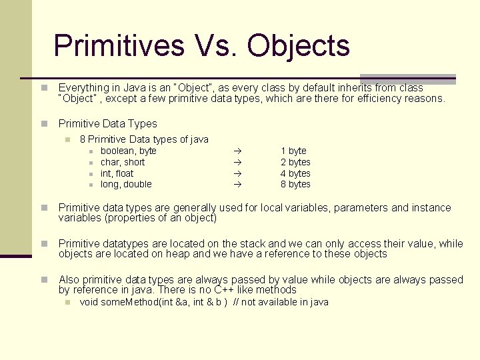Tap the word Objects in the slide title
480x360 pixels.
click(x=298, y=46)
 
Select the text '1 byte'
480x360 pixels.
click(x=293, y=151)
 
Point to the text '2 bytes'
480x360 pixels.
click(x=295, y=162)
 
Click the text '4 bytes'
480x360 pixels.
click(x=295, y=173)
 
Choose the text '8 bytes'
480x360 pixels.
click(x=295, y=184)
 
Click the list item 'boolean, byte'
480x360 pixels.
click(x=129, y=151)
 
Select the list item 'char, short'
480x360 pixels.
click(x=123, y=162)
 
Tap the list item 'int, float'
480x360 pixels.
click(x=117, y=173)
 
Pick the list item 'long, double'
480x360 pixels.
click(x=126, y=184)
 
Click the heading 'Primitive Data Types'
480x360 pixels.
click(x=108, y=123)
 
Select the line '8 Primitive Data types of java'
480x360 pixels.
click(x=144, y=139)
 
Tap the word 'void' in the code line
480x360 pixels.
click(x=89, y=302)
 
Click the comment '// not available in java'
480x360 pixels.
click(x=281, y=302)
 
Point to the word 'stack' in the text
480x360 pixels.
click(x=253, y=243)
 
